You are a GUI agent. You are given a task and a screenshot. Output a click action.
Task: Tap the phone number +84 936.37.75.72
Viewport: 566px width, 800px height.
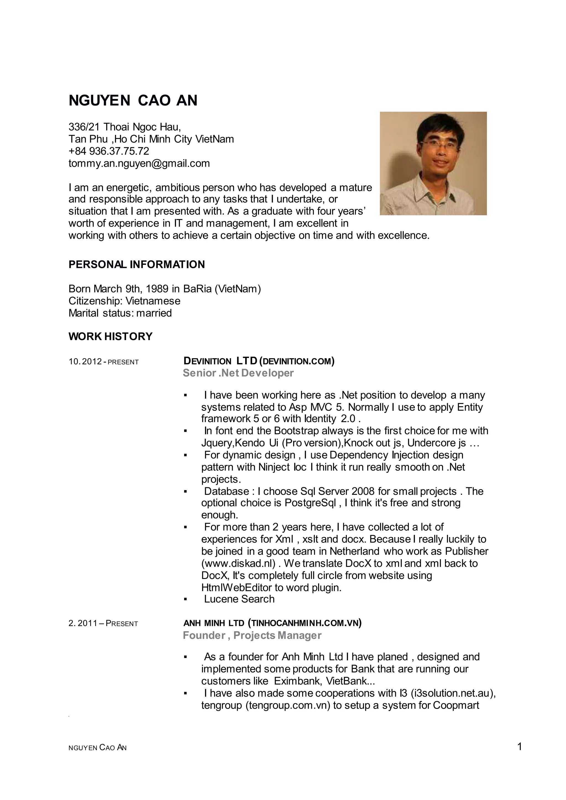point(109,151)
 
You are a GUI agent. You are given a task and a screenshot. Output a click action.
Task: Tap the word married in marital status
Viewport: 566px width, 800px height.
point(154,313)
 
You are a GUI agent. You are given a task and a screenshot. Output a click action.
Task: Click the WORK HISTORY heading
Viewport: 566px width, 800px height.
point(111,336)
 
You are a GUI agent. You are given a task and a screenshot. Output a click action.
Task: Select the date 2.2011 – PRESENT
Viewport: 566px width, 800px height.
point(103,623)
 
